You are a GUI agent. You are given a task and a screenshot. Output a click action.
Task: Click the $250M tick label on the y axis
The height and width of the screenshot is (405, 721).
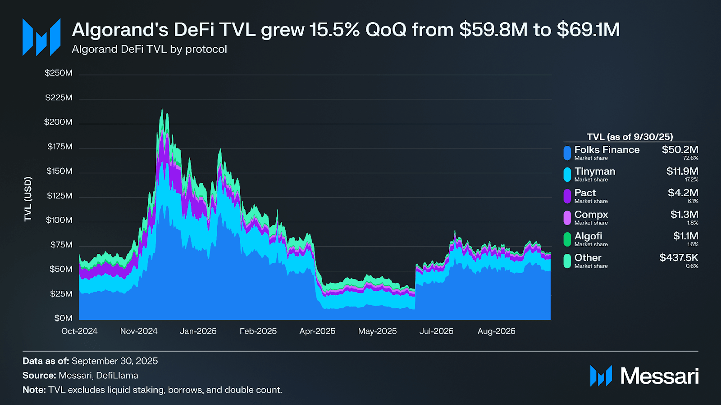pyautogui.click(x=58, y=73)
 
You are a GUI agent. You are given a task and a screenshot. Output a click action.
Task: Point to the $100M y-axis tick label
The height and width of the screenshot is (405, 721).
pyautogui.click(x=59, y=220)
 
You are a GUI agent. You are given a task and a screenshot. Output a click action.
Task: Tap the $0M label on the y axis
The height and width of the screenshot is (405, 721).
pyautogui.click(x=63, y=318)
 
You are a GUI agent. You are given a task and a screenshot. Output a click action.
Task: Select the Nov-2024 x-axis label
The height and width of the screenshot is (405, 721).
pyautogui.click(x=139, y=331)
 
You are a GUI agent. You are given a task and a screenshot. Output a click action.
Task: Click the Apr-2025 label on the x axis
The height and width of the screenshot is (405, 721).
pyautogui.click(x=317, y=331)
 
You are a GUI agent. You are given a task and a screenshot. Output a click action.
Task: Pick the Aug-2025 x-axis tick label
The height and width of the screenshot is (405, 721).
pyautogui.click(x=496, y=331)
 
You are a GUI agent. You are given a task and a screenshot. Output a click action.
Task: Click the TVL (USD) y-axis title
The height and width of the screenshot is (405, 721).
pyautogui.click(x=28, y=199)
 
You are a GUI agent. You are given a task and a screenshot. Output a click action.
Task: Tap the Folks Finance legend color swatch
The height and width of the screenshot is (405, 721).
pyautogui.click(x=567, y=153)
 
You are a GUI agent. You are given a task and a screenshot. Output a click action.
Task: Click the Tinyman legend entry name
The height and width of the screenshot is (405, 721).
pyautogui.click(x=594, y=171)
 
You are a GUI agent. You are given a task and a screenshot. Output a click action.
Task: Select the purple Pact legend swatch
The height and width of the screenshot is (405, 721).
pyautogui.click(x=567, y=196)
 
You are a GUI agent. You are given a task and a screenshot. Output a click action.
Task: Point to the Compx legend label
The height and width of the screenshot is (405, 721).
pyautogui.click(x=591, y=215)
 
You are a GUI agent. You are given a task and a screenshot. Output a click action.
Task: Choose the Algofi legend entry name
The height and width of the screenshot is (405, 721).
pyautogui.click(x=588, y=236)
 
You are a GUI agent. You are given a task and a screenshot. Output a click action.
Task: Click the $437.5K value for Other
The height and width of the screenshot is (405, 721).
pyautogui.click(x=679, y=258)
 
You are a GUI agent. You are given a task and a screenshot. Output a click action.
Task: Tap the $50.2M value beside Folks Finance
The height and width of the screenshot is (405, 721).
pyautogui.click(x=680, y=150)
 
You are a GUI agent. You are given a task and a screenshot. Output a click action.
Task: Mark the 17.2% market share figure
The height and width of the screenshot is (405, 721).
pyautogui.click(x=691, y=180)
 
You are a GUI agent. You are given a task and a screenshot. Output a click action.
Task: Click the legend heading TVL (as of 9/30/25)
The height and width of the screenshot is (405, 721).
pyautogui.click(x=630, y=137)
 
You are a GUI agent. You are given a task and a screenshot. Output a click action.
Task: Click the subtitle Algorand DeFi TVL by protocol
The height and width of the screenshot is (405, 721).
pyautogui.click(x=149, y=49)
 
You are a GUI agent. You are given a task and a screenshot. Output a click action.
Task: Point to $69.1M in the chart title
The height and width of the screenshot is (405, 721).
pyautogui.click(x=588, y=30)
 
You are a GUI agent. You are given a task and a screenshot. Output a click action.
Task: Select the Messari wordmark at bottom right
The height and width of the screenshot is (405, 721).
pyautogui.click(x=659, y=376)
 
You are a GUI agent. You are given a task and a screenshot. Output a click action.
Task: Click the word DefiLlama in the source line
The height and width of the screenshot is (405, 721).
pyautogui.click(x=117, y=375)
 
